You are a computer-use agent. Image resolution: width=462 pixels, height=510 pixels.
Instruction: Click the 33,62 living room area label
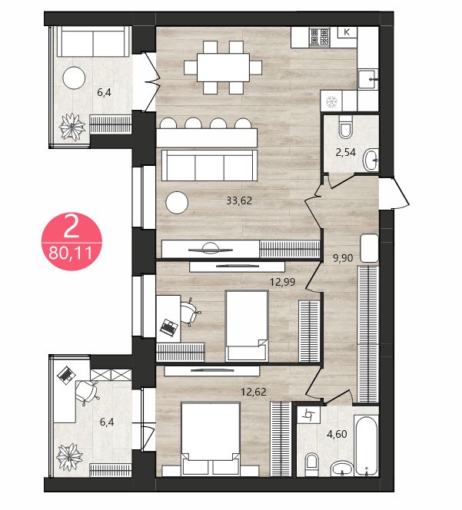coord(239,200)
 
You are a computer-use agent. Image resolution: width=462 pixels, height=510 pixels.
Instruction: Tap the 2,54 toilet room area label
coord(345,152)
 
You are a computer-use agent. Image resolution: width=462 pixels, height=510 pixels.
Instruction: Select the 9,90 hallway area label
coord(343,258)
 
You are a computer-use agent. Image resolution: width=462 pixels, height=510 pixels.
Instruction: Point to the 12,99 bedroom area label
coord(282,282)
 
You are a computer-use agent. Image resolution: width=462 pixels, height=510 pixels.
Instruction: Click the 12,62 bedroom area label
coord(254,392)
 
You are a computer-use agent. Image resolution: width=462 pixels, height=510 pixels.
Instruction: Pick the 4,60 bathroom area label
coord(337,434)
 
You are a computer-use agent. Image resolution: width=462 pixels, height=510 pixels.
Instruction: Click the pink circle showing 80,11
coord(71,242)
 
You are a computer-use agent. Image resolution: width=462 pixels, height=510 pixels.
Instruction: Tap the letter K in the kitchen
coord(347,32)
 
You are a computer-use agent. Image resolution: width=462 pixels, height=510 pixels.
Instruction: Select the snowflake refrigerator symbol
coord(332,102)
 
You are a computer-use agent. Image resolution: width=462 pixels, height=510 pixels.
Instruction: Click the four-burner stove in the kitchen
coord(319,36)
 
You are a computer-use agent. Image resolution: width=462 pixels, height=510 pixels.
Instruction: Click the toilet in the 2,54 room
coord(345,127)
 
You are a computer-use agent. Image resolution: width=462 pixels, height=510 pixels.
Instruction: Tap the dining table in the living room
coord(223,68)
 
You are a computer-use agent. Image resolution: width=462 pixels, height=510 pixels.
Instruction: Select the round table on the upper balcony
coord(74,78)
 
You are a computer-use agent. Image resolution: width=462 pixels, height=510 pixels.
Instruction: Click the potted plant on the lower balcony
coord(69,457)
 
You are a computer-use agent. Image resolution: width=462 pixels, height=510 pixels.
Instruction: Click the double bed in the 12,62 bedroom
coord(211,439)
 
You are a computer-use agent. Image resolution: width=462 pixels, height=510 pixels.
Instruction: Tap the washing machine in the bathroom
coord(309,415)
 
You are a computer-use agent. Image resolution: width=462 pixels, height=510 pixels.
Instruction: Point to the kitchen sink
coord(368,78)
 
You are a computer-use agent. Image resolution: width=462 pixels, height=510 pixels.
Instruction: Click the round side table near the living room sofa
coord(177,203)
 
